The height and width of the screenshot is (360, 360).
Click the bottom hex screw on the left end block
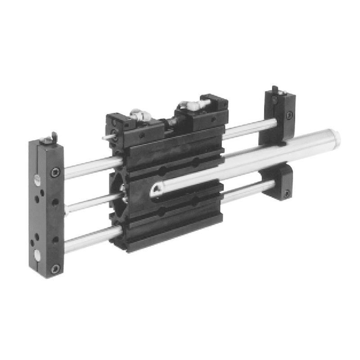click(x=55, y=269)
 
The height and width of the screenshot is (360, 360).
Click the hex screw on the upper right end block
click(x=289, y=115)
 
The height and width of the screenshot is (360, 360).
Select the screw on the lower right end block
click(x=287, y=193)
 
